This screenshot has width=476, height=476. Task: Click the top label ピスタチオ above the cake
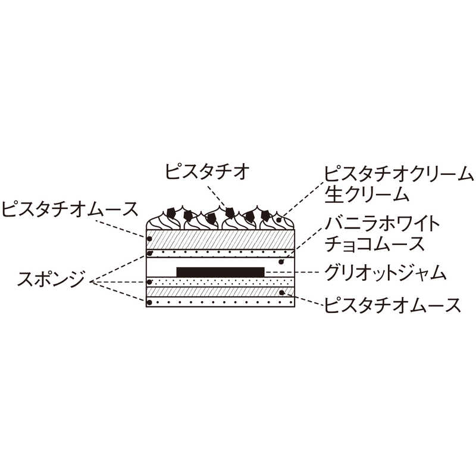[207, 171]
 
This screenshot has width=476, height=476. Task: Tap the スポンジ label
[51, 278]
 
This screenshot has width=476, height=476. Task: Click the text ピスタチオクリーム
[399, 174]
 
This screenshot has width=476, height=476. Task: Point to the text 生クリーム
[367, 195]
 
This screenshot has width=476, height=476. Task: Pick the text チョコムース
[375, 244]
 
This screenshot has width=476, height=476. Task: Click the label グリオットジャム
[385, 273]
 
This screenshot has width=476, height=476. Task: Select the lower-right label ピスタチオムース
[393, 305]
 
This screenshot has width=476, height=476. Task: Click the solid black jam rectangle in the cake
[220, 272]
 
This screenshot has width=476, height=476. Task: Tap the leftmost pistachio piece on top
[171, 214]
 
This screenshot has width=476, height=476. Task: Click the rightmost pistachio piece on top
[265, 215]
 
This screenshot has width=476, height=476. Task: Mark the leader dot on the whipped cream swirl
[278, 220]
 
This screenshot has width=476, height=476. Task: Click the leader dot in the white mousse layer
[281, 262]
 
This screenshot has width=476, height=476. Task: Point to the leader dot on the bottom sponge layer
[149, 302]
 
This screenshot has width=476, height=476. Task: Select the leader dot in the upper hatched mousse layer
[149, 239]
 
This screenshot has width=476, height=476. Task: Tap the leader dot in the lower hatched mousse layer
[281, 292]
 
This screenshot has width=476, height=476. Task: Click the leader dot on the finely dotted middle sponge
[149, 282]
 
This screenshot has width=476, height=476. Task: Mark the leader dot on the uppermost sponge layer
[149, 253]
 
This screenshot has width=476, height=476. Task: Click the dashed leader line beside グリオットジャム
[292, 272]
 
